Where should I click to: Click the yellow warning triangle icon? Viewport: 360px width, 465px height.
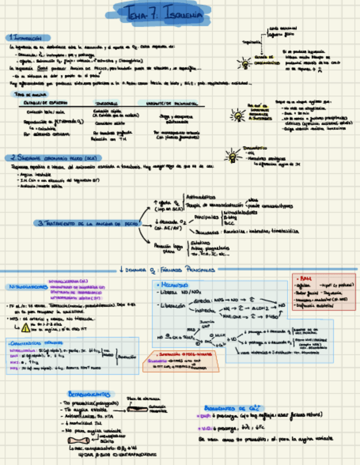(x=25, y=328)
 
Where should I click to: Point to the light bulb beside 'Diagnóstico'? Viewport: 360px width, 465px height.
(x=233, y=156)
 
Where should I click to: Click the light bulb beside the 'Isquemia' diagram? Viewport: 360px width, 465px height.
(x=243, y=62)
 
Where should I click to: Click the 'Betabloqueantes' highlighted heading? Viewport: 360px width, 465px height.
(x=90, y=394)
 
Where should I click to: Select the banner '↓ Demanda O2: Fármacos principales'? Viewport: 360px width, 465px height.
(x=167, y=269)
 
